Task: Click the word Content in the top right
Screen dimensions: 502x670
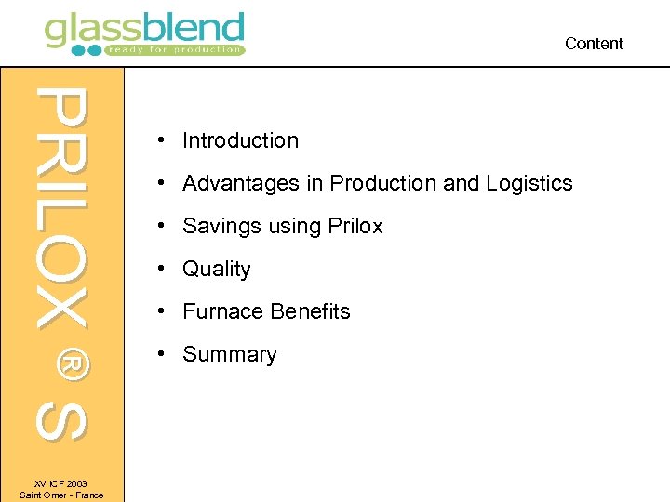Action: tap(594, 44)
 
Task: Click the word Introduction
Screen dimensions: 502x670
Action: tap(240, 140)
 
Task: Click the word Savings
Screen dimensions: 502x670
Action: tap(221, 226)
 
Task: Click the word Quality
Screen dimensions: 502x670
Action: tap(217, 270)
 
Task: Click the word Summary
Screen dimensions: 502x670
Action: tap(230, 354)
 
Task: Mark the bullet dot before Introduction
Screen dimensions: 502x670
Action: tap(162, 140)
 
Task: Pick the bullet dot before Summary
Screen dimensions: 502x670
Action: tap(162, 353)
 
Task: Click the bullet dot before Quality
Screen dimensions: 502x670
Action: tap(162, 268)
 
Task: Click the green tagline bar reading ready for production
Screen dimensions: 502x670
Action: tap(173, 49)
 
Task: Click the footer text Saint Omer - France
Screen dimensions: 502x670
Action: tap(61, 495)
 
